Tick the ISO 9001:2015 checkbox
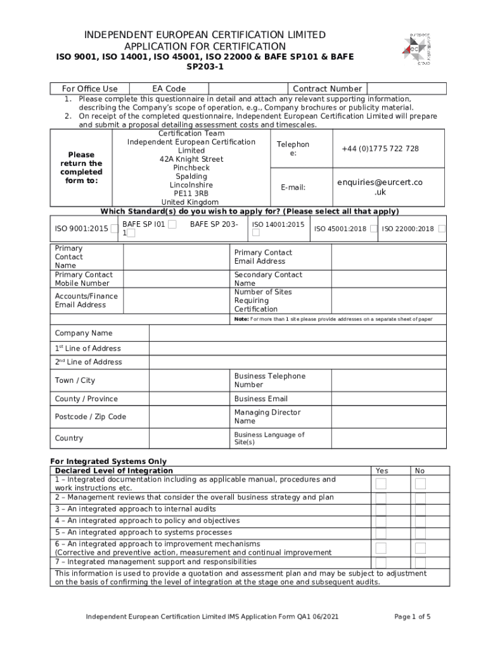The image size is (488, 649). [x=114, y=229]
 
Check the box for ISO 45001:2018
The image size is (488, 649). [x=375, y=229]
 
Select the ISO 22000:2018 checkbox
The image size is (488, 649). [x=442, y=229]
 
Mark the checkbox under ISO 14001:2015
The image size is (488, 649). [x=256, y=233]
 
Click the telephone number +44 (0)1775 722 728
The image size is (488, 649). [x=380, y=148]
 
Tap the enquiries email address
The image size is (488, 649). [x=380, y=187]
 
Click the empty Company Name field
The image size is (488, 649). [x=297, y=333]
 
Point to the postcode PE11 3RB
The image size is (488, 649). [x=191, y=193]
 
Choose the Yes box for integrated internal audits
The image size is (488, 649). [x=381, y=509]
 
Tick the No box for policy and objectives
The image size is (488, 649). [x=420, y=521]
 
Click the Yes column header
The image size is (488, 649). [x=382, y=471]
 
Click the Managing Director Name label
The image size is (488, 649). [x=267, y=416]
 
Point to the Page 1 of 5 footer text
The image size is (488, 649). [x=412, y=617]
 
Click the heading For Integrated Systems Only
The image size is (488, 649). [x=108, y=461]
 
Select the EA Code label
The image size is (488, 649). [x=169, y=89]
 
